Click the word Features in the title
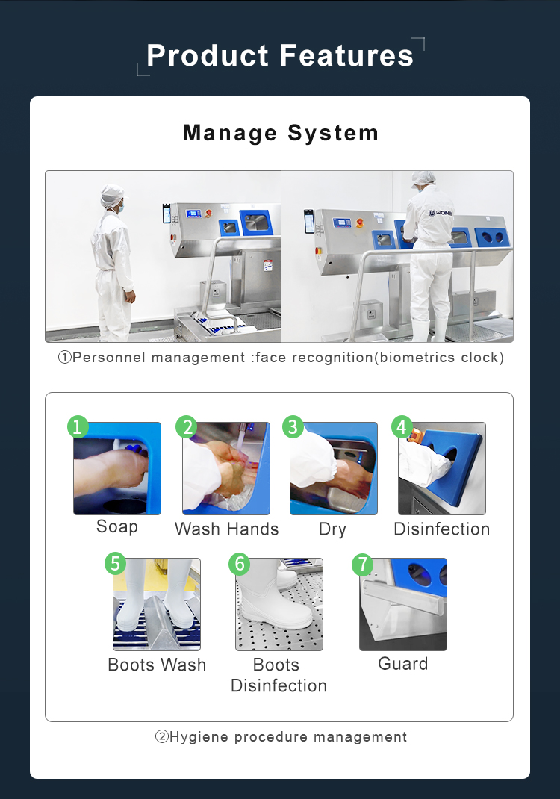tap(346, 55)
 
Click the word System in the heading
tap(333, 133)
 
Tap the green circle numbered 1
tap(78, 426)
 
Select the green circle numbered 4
tap(402, 426)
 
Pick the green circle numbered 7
tap(363, 565)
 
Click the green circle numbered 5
tap(115, 564)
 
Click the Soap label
tap(117, 526)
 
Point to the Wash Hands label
tap(227, 529)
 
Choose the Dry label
tap(332, 529)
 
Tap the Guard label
tap(403, 663)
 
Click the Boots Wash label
tap(157, 665)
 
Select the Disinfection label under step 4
tap(442, 529)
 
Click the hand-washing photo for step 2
tap(226, 468)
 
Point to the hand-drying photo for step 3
tap(334, 468)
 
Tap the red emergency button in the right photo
tap(360, 223)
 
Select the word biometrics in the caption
tap(417, 357)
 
